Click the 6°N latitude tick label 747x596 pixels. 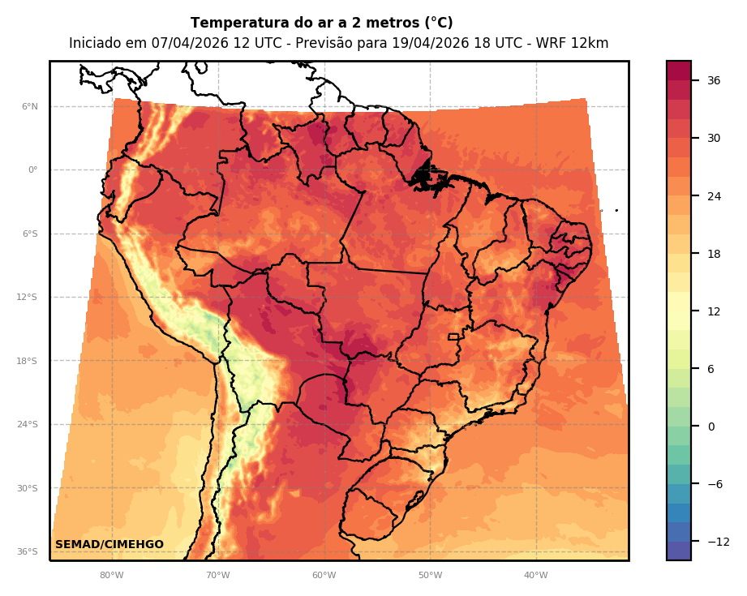[29, 106]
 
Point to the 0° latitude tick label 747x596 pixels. [32, 170]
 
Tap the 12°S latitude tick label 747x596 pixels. [27, 298]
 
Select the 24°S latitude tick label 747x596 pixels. [27, 425]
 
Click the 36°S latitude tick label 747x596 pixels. [27, 552]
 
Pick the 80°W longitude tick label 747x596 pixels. [111, 576]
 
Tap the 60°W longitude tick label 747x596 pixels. [324, 576]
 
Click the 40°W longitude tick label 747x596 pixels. [535, 576]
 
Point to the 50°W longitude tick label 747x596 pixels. [430, 576]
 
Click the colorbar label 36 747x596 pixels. [714, 80]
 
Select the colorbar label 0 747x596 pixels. [711, 427]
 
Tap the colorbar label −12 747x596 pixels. [717, 542]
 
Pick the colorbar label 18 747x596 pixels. [714, 254]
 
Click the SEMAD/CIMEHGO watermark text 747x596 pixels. [109, 544]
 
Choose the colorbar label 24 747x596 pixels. [714, 196]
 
